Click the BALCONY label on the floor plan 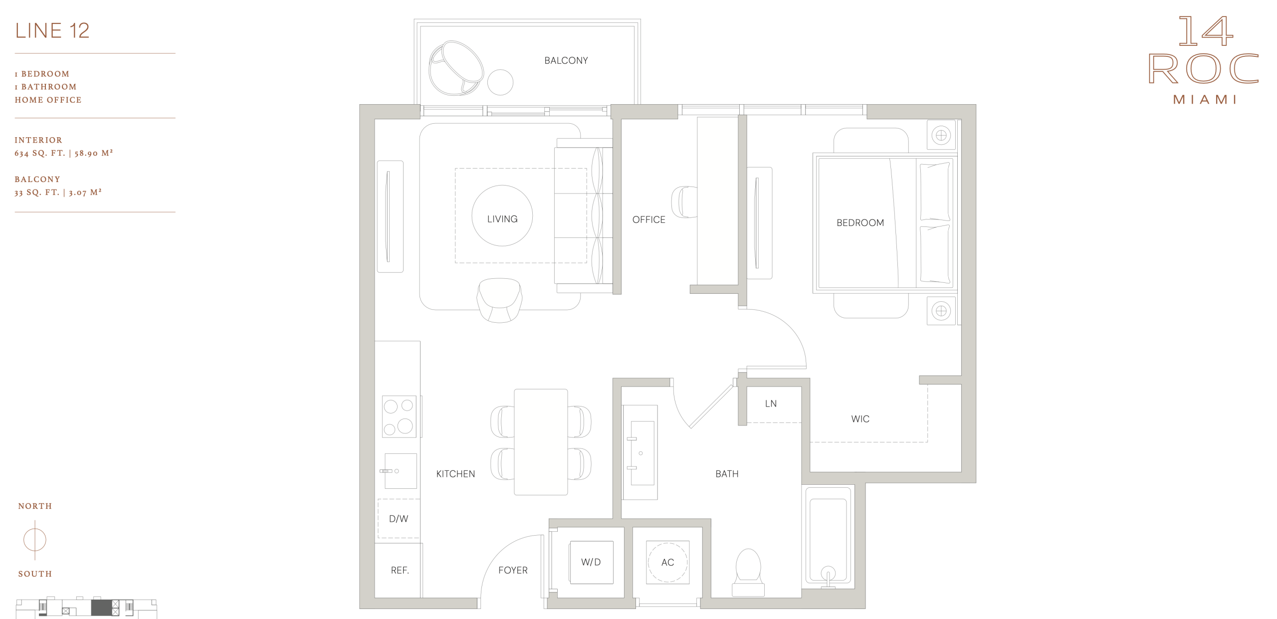coord(566,60)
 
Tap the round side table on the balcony coord(500,82)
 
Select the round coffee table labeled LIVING coord(502,215)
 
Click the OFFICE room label coord(648,219)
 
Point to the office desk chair coord(684,202)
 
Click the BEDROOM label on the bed coord(860,222)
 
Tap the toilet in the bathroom coord(748,572)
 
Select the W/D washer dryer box coord(591,562)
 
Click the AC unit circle coord(667,562)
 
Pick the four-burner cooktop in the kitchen coord(399,416)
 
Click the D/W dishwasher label coord(399,519)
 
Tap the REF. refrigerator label coord(400,570)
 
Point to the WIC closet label coord(860,419)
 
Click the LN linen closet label coord(771,404)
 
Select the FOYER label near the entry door coord(513,570)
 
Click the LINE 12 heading coord(52,30)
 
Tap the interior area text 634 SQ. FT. coord(40,153)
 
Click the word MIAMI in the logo coord(1205,100)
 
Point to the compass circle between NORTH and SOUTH coord(35,540)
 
